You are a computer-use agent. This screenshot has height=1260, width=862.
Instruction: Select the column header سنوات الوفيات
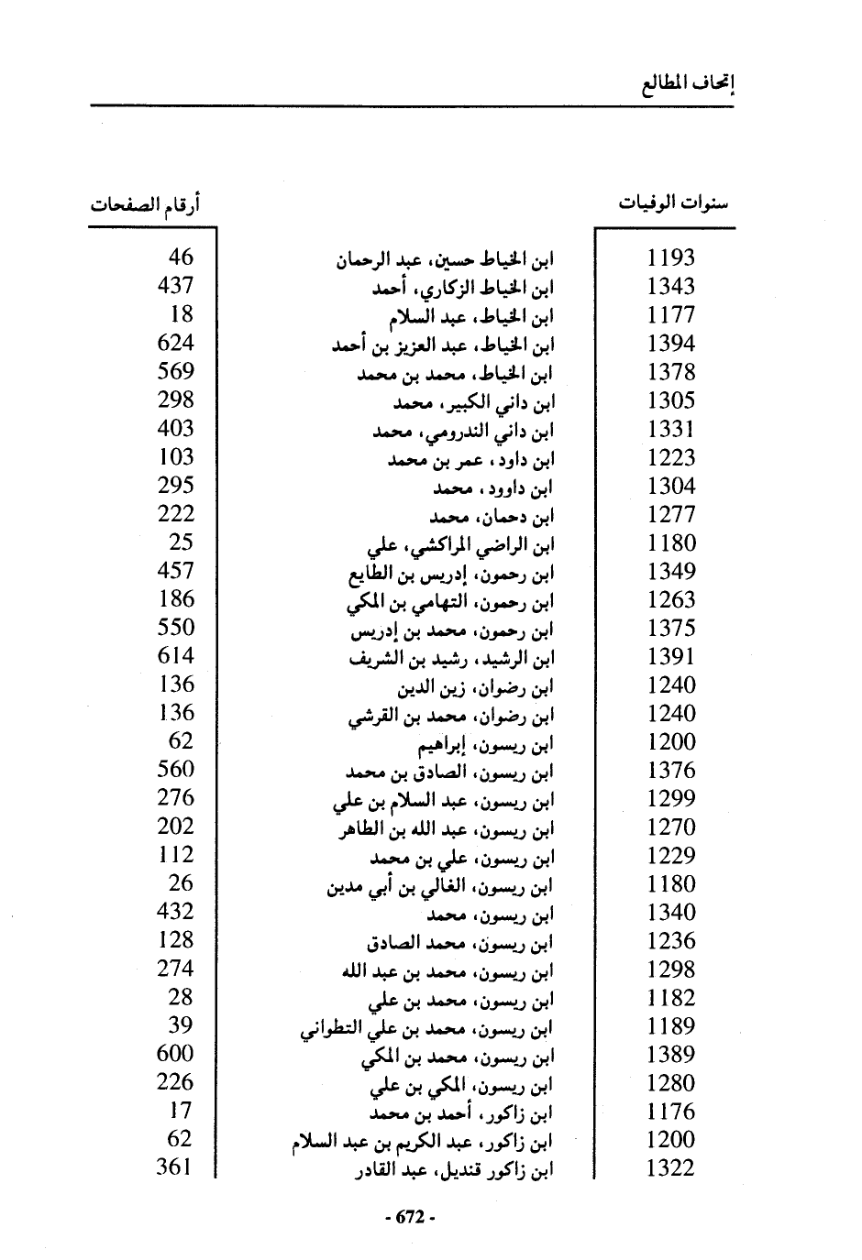674,203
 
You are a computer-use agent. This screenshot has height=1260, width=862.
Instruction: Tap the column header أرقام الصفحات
145,203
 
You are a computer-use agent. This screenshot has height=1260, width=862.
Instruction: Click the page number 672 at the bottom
409,1217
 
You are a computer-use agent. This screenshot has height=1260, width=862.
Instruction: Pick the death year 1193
671,257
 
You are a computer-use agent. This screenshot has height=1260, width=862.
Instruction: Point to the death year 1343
671,286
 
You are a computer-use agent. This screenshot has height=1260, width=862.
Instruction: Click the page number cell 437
175,285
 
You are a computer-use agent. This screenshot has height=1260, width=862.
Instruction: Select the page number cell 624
175,342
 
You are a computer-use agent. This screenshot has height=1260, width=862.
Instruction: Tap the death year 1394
671,344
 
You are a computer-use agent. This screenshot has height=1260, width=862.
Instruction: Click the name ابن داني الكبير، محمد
475,401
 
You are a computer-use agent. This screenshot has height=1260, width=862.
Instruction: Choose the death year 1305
671,400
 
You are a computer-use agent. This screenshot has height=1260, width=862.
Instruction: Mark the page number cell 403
175,428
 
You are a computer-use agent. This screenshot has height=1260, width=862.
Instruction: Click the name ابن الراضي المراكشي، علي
461,545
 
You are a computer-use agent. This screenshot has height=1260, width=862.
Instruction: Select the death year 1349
671,571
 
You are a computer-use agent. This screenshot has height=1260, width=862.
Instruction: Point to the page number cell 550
175,627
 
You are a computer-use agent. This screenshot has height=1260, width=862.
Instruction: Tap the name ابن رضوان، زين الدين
477,686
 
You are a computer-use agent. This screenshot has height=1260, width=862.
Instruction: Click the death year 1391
671,656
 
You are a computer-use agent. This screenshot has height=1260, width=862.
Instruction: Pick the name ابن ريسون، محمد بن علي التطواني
427,1028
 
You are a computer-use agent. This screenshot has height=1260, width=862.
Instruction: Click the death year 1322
671,1168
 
